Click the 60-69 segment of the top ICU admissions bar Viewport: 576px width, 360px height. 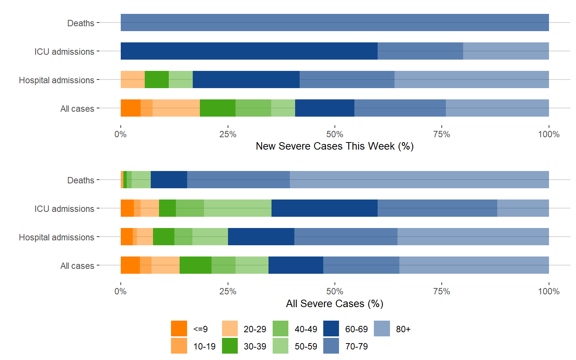(249, 51)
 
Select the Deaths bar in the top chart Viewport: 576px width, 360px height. (334, 22)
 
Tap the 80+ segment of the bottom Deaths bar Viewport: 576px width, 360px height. (419, 180)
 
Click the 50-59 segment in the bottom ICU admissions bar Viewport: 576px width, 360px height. (238, 208)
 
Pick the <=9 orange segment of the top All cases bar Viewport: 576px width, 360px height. (130, 108)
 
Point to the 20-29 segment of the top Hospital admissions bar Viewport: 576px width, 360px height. (133, 79)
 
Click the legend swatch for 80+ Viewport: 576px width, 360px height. (382, 328)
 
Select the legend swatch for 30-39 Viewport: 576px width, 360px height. (230, 346)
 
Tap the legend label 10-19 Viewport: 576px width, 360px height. (204, 346)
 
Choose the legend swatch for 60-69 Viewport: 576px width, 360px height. (331, 328)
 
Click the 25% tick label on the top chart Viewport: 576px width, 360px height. (228, 134)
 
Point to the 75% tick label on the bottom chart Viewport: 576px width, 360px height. (442, 291)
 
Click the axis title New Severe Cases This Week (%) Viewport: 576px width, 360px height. (334, 146)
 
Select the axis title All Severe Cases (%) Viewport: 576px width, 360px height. (334, 303)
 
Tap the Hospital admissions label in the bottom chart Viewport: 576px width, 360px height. (57, 237)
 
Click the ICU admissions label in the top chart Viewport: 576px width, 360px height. (64, 51)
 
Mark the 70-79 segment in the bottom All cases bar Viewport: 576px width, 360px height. (361, 265)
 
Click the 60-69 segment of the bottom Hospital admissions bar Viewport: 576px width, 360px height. (261, 237)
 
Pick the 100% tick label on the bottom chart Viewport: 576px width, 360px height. (549, 291)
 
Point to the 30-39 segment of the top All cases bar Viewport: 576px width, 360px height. (217, 108)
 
